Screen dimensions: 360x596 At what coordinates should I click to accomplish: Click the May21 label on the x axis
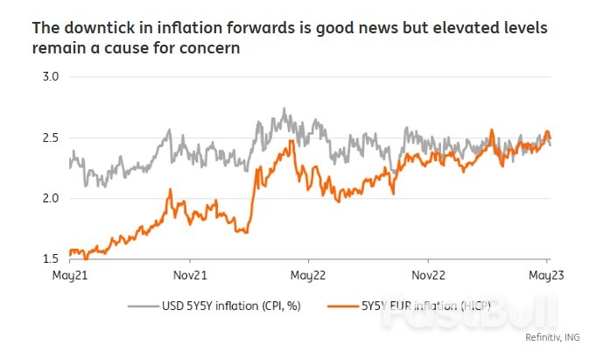coord(69,274)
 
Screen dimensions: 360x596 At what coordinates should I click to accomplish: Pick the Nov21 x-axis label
coord(190,274)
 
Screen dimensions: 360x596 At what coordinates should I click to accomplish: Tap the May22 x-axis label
coord(308,274)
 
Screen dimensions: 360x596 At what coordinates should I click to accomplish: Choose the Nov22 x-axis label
coord(429,274)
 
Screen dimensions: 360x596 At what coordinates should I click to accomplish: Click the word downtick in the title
coord(97,28)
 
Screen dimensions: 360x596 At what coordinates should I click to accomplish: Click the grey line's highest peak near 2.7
coord(284,109)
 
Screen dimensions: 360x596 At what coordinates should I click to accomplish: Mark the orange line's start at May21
coord(69,253)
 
